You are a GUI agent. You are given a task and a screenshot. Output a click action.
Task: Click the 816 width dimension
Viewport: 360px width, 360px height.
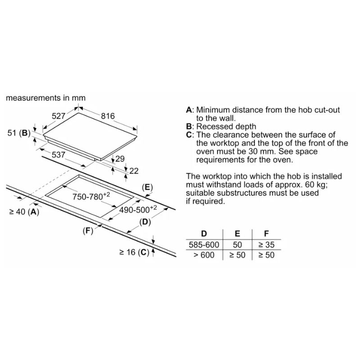coord(108,116)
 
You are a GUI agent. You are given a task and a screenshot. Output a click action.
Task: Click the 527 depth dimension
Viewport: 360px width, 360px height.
coord(58,116)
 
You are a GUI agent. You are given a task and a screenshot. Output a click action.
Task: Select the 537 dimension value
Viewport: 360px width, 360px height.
coord(58,155)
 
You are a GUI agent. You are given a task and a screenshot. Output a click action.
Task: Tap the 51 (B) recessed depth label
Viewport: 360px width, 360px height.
coord(19,133)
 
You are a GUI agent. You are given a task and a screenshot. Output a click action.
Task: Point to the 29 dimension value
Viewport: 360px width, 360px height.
coord(120,159)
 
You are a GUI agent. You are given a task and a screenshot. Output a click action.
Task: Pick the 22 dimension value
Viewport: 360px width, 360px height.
coord(134,171)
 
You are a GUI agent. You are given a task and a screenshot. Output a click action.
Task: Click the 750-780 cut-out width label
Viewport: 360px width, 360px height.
coord(91,196)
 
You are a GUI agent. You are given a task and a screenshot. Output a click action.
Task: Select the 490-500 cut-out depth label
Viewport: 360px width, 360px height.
coord(138,209)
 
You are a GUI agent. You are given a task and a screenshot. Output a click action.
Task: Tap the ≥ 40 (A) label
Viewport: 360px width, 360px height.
coord(24,211)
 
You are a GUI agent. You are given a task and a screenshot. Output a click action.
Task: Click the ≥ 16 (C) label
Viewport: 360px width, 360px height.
coord(134,252)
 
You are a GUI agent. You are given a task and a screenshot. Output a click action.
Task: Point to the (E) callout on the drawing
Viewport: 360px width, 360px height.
coord(147,188)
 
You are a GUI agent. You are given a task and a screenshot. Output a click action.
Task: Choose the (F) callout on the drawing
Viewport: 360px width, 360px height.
coord(88,231)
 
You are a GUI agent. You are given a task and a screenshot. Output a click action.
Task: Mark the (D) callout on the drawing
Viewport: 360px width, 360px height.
coord(145,222)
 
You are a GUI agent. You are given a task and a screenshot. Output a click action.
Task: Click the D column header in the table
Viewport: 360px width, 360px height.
coord(204,234)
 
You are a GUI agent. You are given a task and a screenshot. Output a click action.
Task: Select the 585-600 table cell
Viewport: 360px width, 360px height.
coord(204,245)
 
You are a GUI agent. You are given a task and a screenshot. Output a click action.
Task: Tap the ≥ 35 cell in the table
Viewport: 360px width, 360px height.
coord(266,245)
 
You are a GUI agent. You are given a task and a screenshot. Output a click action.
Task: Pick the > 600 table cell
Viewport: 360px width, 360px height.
coord(204,255)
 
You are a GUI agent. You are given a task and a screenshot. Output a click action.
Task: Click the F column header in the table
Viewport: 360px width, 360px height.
coord(266,234)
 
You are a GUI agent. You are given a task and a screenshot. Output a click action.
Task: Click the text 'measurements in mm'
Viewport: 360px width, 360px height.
coord(46,98)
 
